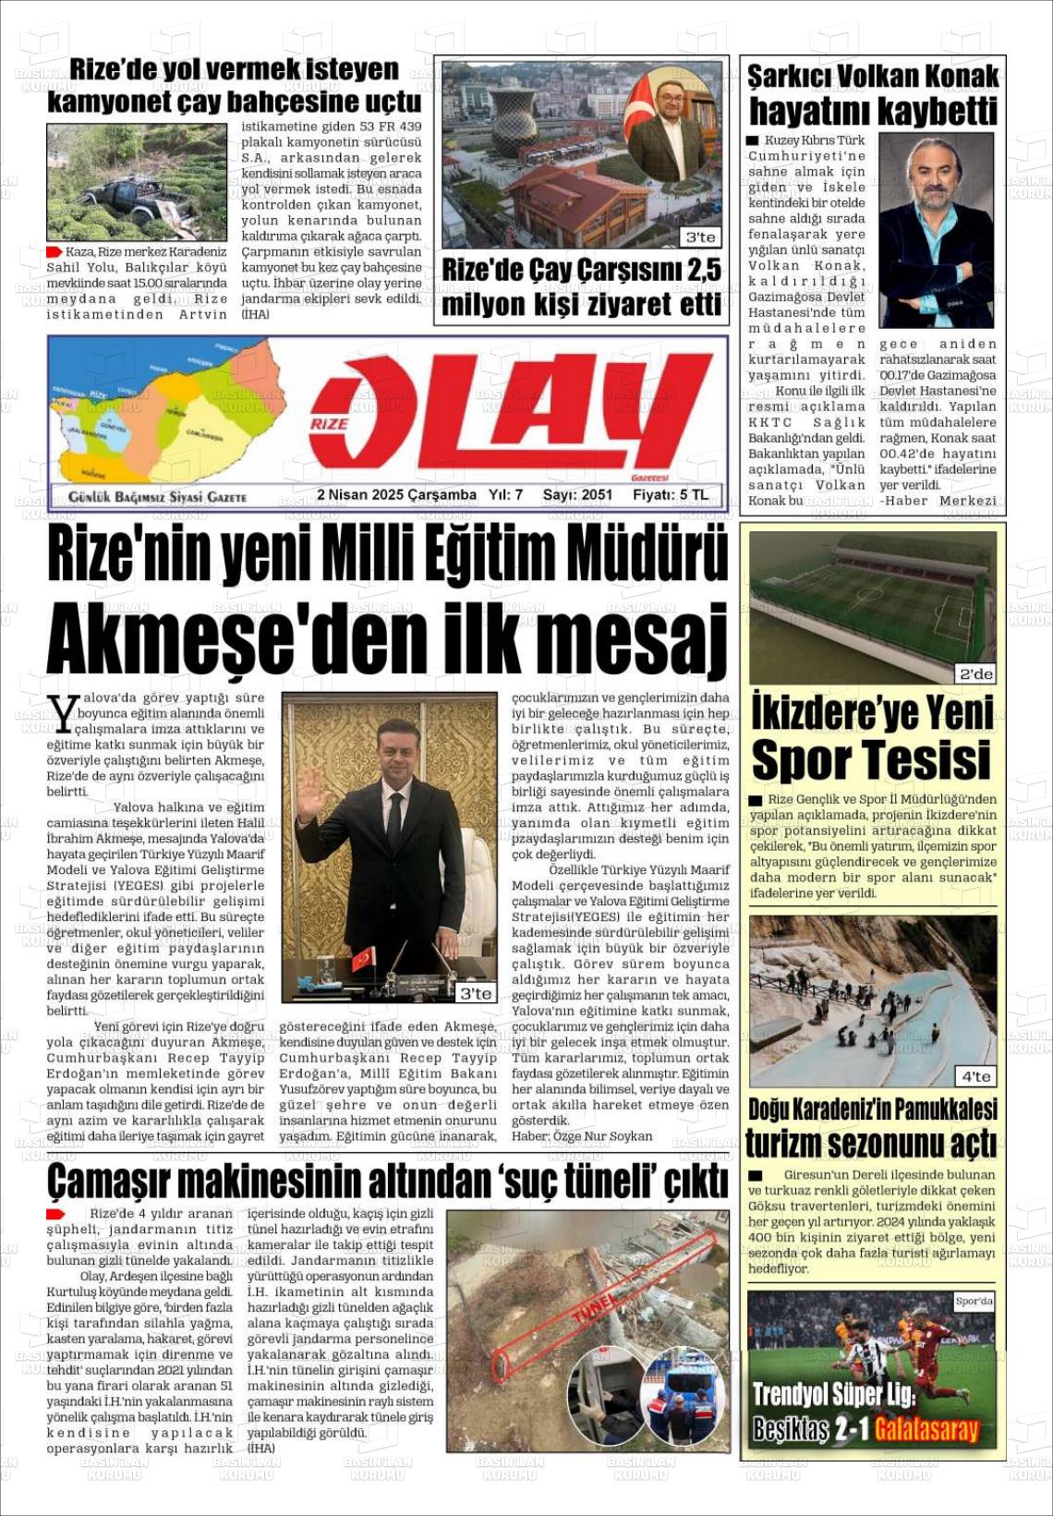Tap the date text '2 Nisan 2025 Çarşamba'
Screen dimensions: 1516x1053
pyautogui.click(x=396, y=495)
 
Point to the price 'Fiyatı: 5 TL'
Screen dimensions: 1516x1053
pyautogui.click(x=671, y=495)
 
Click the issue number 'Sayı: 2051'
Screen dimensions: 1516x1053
pyautogui.click(x=577, y=495)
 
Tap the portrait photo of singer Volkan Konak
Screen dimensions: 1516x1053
pyautogui.click(x=936, y=230)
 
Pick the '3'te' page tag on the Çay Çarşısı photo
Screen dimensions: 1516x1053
pyautogui.click(x=700, y=237)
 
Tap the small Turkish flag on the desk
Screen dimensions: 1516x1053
pyautogui.click(x=363, y=957)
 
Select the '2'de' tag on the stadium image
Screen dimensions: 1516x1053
pyautogui.click(x=976, y=674)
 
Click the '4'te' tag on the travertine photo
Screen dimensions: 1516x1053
pyautogui.click(x=976, y=1076)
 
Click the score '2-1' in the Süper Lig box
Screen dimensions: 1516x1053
pyautogui.click(x=851, y=1430)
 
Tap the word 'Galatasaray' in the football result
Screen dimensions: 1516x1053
pyautogui.click(x=926, y=1430)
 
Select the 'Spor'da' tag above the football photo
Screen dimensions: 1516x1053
pyautogui.click(x=974, y=1301)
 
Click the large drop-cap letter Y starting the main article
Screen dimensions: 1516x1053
pyautogui.click(x=63, y=714)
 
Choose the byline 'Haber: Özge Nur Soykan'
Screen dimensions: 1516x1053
pyautogui.click(x=582, y=1136)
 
